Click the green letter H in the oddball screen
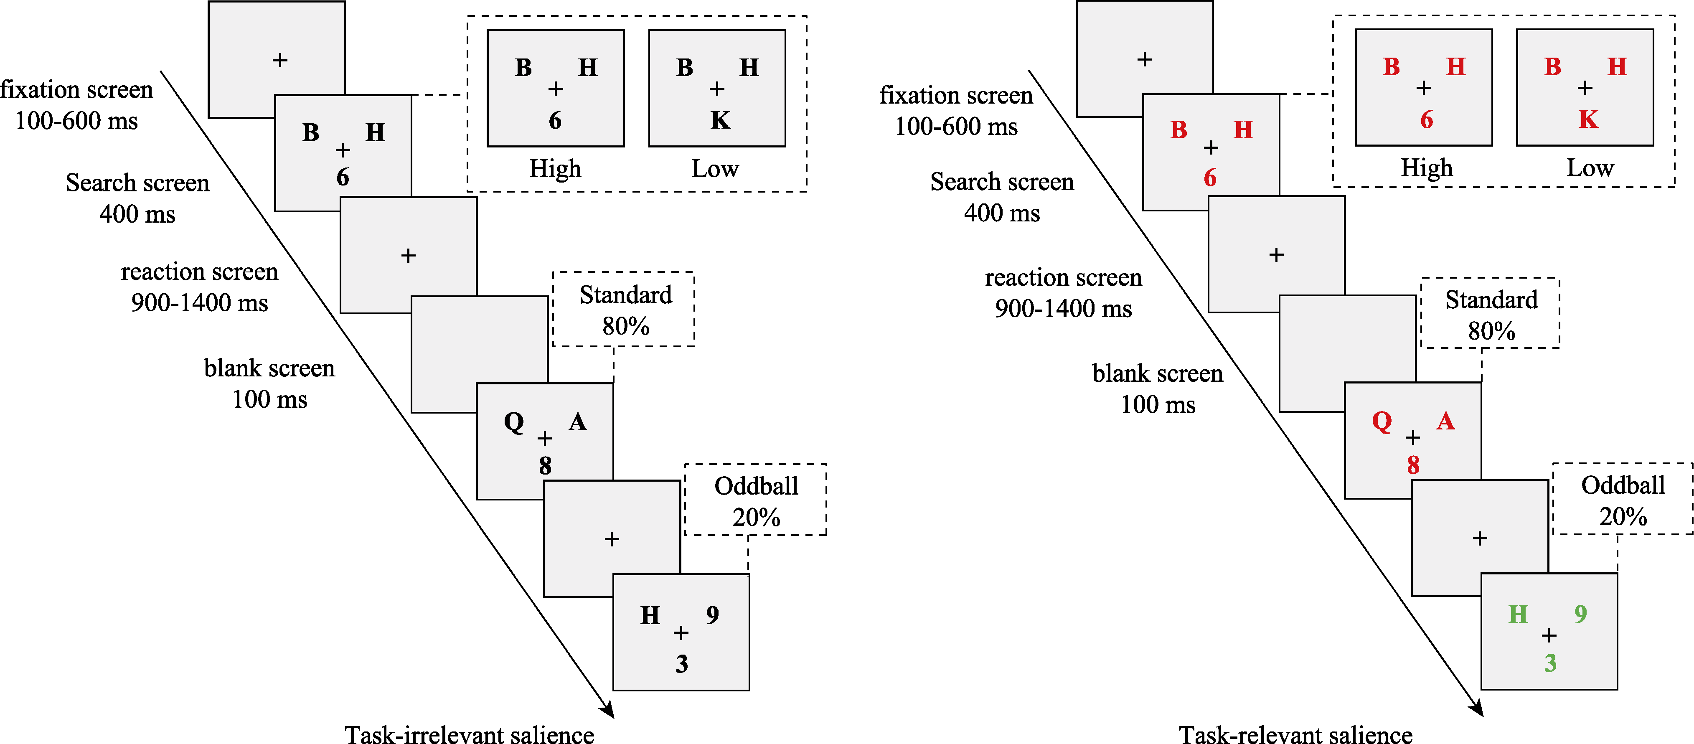pos(1518,615)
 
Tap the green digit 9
pos(1580,614)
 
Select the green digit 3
pos(1550,663)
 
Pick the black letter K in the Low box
pos(720,120)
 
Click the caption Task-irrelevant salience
pos(470,734)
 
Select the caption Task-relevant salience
pos(1295,734)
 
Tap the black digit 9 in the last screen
pos(712,615)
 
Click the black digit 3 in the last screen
pos(682,664)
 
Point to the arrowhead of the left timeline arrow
pos(608,711)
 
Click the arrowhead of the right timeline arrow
pos(1478,709)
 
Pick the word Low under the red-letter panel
pos(1590,168)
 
